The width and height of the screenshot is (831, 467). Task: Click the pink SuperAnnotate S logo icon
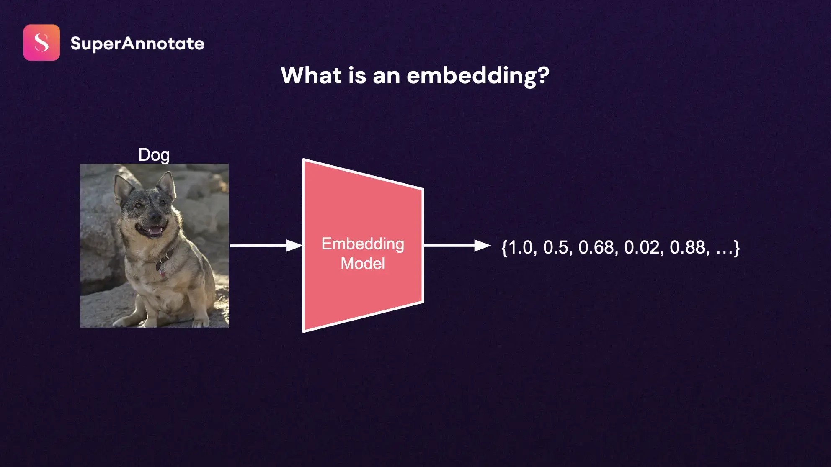pos(41,43)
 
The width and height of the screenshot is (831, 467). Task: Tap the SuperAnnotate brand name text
pos(137,44)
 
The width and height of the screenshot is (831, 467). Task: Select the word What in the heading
pos(311,75)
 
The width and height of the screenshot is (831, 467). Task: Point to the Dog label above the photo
pos(154,155)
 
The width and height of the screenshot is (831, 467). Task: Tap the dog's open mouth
pos(153,231)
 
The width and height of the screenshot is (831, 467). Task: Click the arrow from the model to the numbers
pos(457,246)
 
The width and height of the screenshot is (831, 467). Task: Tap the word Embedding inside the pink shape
pos(363,244)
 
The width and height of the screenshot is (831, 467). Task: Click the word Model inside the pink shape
pos(363,264)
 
